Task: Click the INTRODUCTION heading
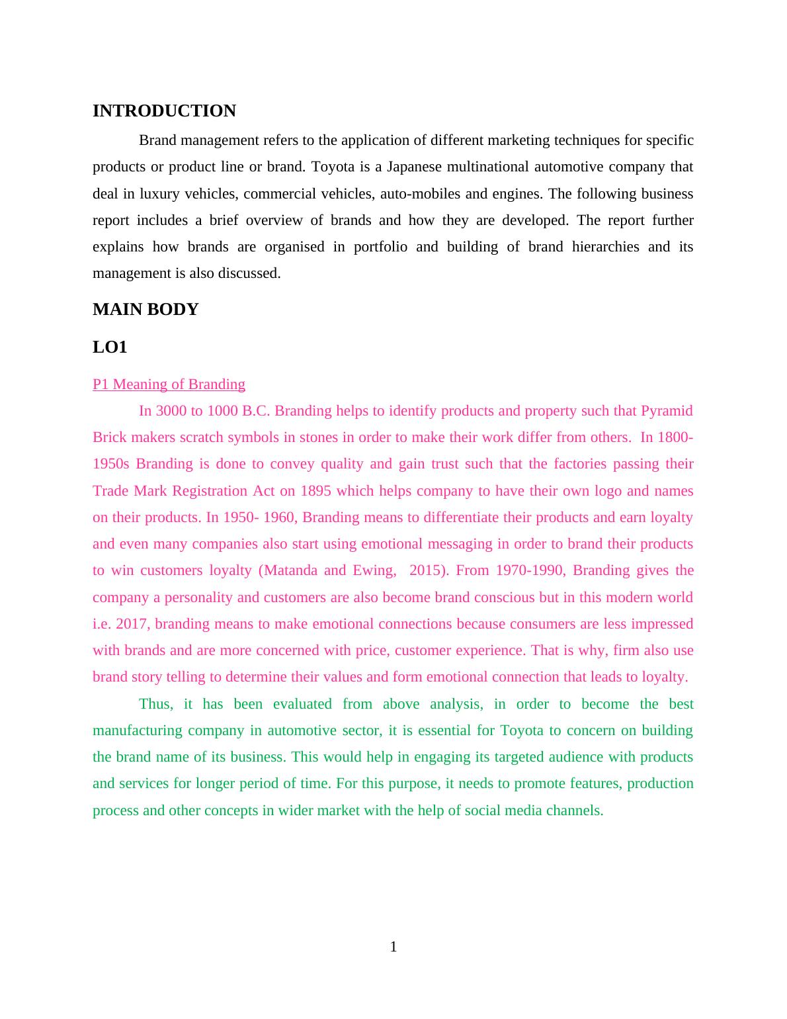pos(164,111)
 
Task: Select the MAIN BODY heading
pos(145,309)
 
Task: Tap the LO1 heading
pos(110,347)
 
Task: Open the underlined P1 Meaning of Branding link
pos(169,384)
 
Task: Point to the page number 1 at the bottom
pos(393,947)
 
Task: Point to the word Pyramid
pos(667,411)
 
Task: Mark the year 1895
pos(316,491)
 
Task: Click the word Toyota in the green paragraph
pos(522,731)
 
